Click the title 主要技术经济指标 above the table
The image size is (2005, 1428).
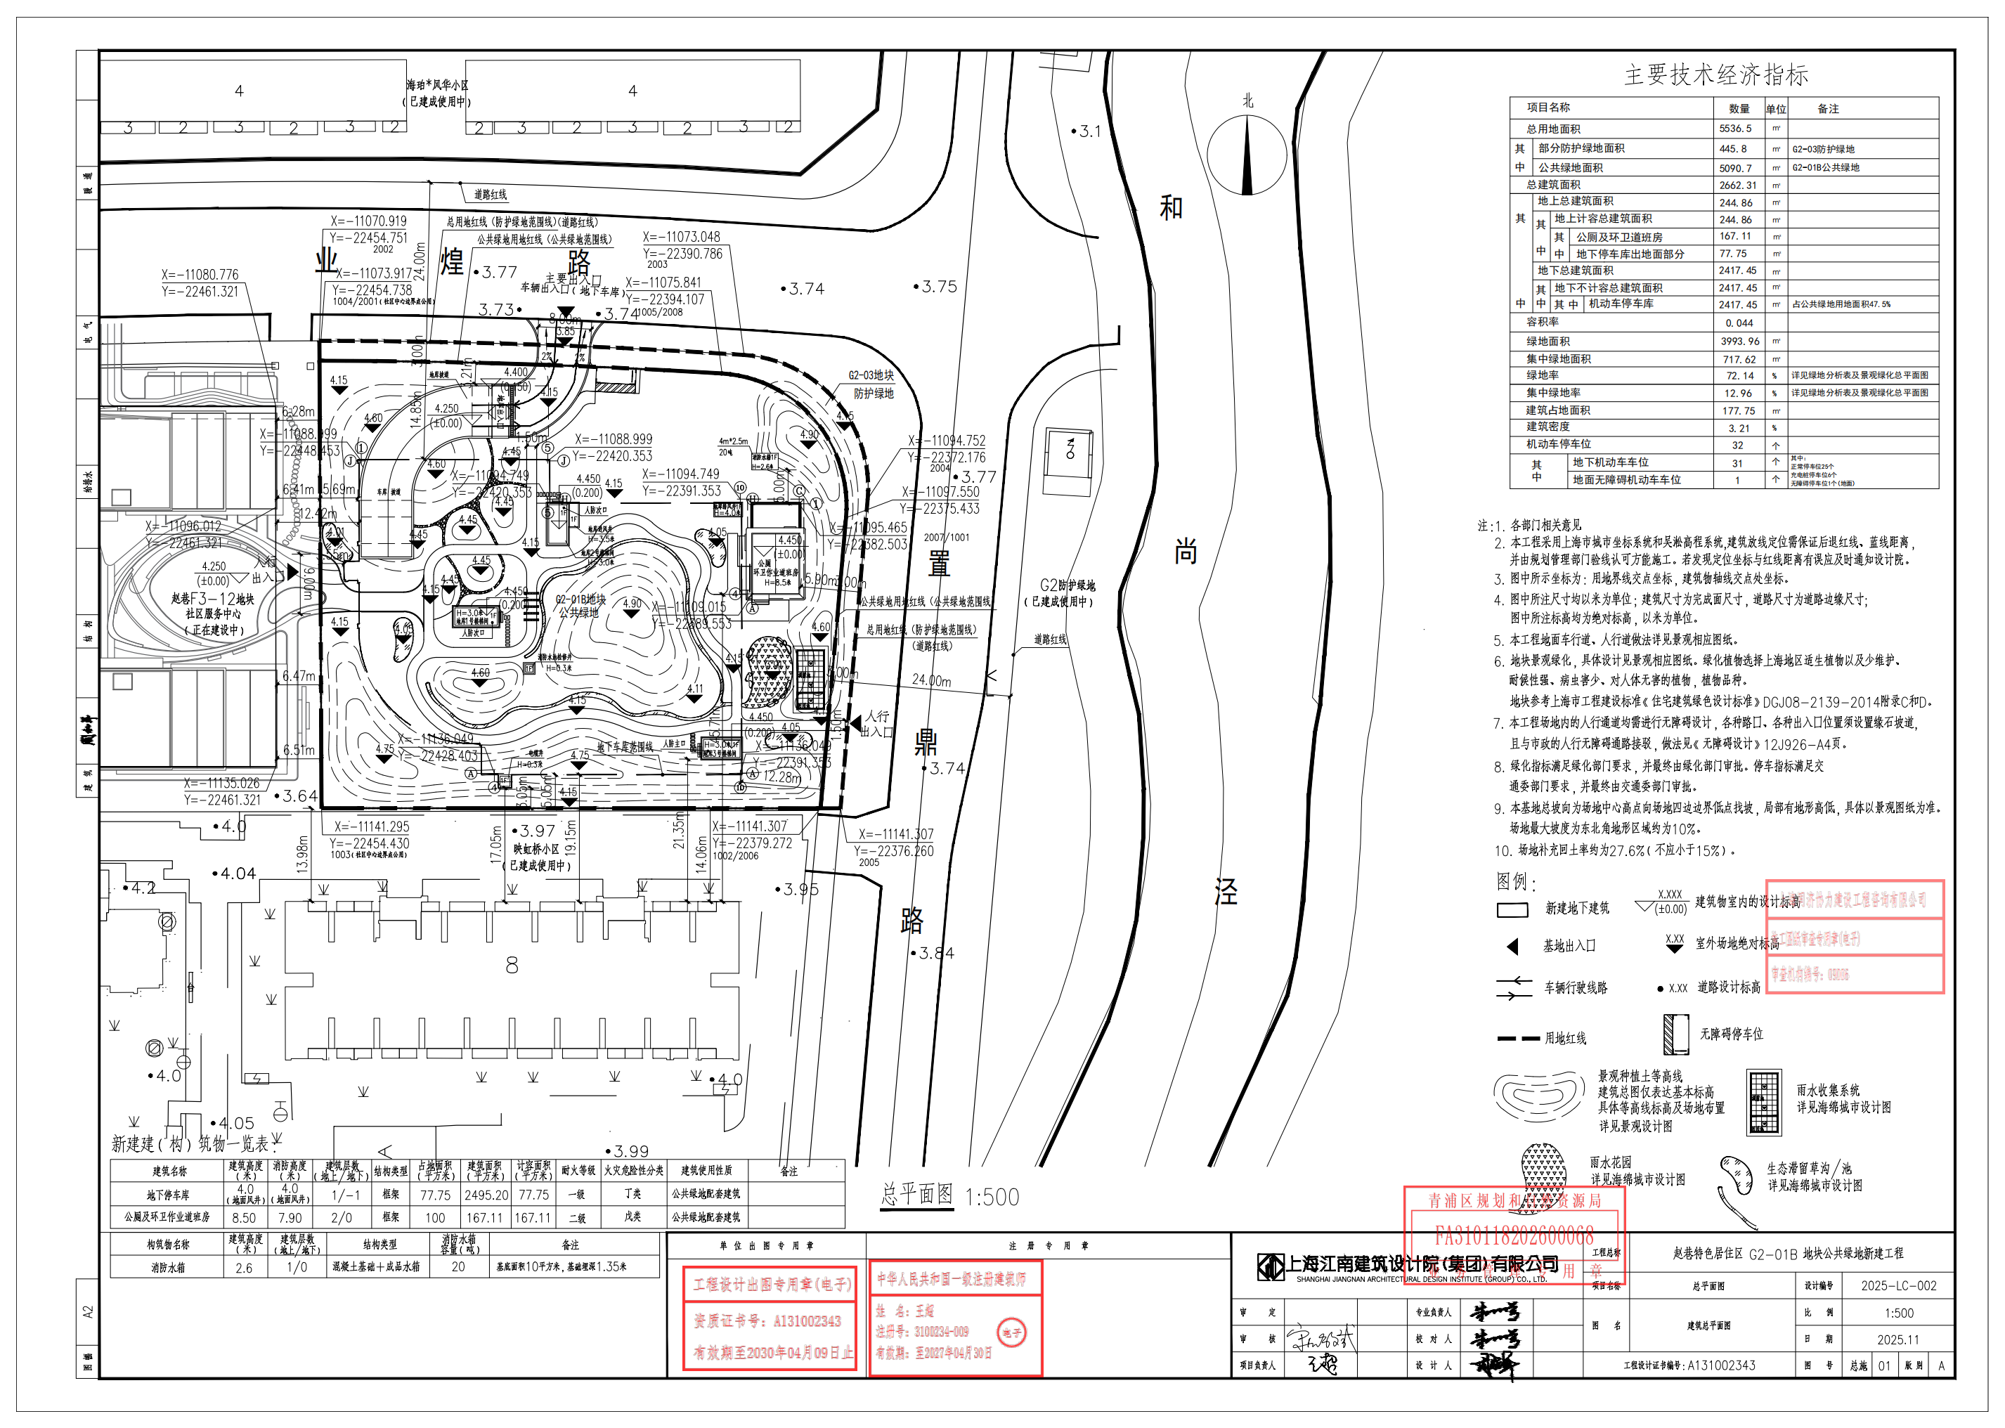[1715, 74]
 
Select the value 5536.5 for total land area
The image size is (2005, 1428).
[1735, 129]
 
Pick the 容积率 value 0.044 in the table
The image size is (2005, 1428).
[1739, 323]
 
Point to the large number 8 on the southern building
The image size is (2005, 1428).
[512, 966]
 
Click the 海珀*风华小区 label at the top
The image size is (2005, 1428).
[437, 85]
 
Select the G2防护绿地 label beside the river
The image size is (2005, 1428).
[1067, 585]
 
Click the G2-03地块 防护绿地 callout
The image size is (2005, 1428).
[871, 384]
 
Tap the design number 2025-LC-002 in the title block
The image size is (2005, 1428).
[1897, 1285]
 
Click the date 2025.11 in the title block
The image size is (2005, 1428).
[1897, 1340]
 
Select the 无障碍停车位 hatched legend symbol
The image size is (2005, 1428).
[1675, 1034]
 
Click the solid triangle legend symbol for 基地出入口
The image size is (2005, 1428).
[1512, 946]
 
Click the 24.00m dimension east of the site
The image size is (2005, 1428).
[931, 680]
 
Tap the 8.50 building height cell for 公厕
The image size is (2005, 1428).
[244, 1218]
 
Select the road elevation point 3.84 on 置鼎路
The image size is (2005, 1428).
[935, 953]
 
